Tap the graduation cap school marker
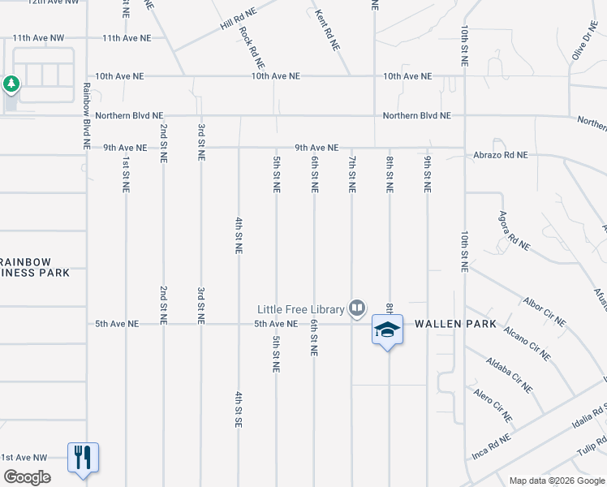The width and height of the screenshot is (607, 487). point(387,330)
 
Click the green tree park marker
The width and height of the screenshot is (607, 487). point(11,84)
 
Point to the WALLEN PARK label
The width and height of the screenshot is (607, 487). point(455,324)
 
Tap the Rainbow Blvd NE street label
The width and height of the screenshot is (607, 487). point(86,114)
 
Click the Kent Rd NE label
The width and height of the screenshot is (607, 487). point(327,31)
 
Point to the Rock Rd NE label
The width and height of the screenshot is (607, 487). point(252,48)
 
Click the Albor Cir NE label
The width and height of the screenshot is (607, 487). point(545,311)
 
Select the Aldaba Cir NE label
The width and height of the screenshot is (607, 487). point(509,374)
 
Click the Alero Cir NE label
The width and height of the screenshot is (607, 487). point(493,404)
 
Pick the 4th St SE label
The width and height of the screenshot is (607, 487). point(239,410)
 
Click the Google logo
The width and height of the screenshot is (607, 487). point(26,476)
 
